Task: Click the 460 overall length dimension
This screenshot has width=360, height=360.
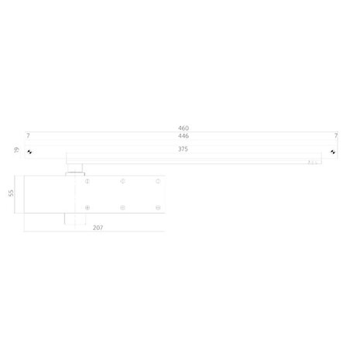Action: pos(183,129)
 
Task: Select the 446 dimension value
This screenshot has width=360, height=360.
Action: pos(183,135)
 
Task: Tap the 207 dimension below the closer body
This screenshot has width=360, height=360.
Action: pos(98,229)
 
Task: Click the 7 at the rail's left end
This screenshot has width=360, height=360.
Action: pos(28,135)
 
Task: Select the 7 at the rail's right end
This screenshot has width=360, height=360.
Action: pos(335,135)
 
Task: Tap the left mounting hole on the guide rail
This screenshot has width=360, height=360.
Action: pos(29,152)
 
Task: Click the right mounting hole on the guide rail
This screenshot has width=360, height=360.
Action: pos(333,152)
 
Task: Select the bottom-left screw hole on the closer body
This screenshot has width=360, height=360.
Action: pos(87,207)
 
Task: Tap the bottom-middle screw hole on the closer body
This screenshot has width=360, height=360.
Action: pos(122,207)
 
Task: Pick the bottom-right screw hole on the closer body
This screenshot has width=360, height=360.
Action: pos(157,207)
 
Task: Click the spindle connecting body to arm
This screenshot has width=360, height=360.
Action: pos(74,167)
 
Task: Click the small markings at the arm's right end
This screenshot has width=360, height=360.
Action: pos(313,163)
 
